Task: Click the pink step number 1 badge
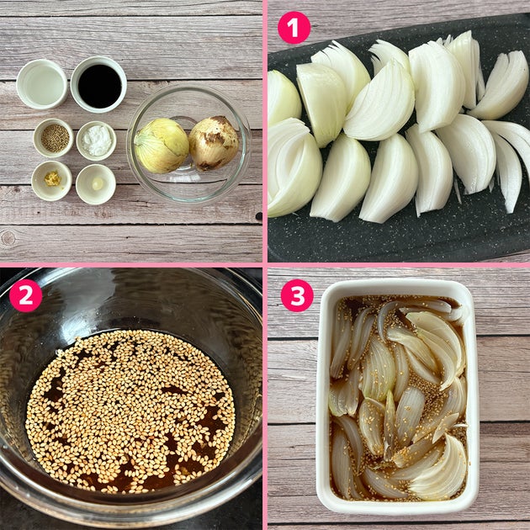click(x=294, y=28)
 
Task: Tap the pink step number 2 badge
click(x=26, y=295)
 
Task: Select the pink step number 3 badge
click(x=297, y=295)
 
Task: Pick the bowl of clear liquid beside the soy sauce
click(x=42, y=84)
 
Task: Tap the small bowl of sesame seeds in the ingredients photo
click(x=53, y=138)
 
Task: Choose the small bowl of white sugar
click(x=97, y=140)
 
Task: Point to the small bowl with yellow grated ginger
click(x=51, y=181)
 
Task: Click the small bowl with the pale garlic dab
click(x=96, y=184)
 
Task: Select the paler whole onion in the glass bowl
click(x=162, y=146)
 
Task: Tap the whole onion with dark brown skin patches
click(x=214, y=143)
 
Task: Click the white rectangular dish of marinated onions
click(x=397, y=396)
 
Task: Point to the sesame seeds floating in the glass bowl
click(x=130, y=411)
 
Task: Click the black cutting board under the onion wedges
click(x=399, y=230)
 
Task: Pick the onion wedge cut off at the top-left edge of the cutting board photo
click(x=284, y=98)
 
